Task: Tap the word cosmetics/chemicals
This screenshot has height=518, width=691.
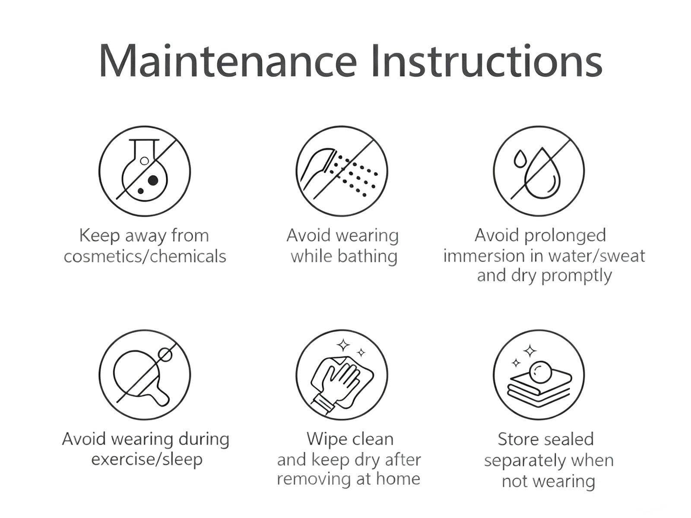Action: tap(145, 256)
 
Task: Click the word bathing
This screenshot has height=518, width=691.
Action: tap(368, 256)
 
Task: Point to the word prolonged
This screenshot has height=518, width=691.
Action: tap(565, 236)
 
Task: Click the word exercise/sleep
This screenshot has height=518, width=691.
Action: tap(147, 459)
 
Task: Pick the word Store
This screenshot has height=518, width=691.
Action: tap(520, 439)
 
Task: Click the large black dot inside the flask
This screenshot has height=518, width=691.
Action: tap(153, 180)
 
